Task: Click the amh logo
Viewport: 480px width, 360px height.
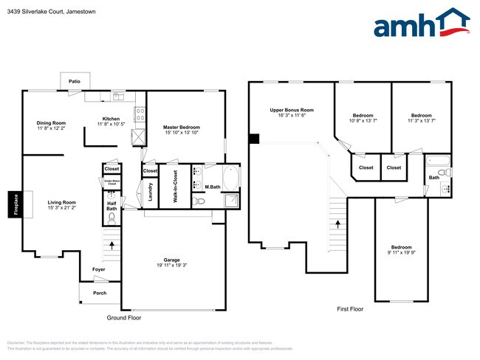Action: (x=422, y=24)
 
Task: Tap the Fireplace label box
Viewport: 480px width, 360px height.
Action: (x=14, y=204)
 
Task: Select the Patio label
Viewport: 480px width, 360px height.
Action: (x=75, y=81)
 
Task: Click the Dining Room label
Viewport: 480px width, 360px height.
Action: (x=52, y=122)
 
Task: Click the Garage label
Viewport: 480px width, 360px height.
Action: (x=171, y=260)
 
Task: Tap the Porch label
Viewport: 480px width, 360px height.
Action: (x=99, y=293)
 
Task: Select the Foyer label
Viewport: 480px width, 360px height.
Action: (x=98, y=269)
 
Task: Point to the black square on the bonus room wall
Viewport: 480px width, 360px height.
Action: (x=253, y=138)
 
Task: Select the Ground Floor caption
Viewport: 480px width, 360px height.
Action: (x=123, y=318)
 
